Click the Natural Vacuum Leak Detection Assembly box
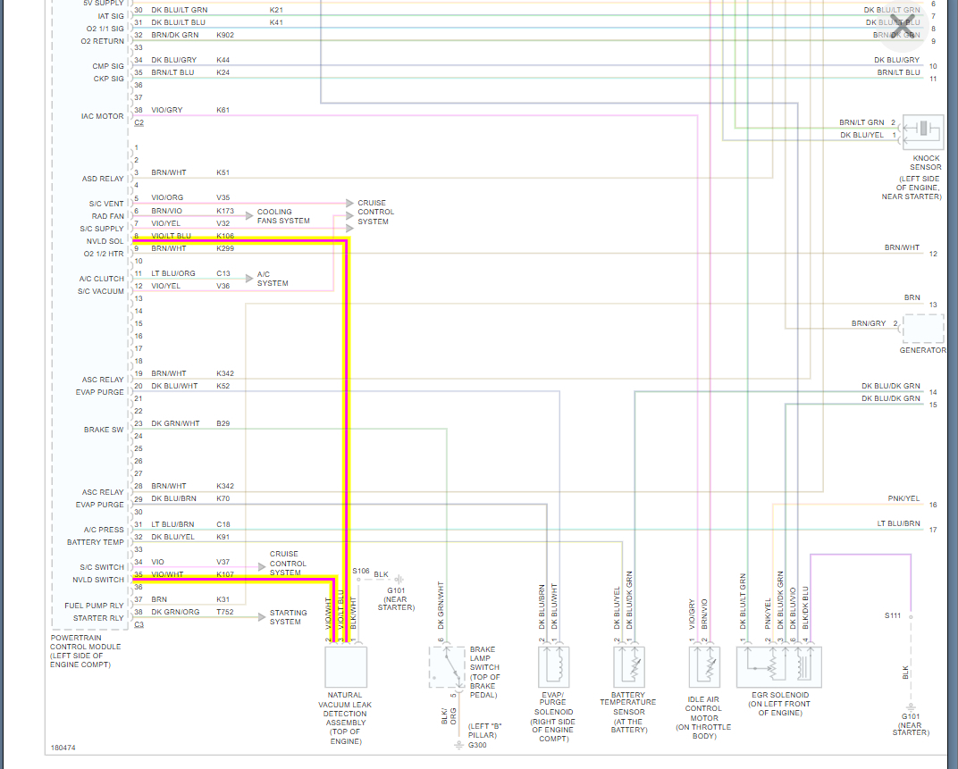345,666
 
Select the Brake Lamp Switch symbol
445,668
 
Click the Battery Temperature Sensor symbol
627,667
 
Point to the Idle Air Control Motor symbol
703,667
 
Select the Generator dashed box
923,330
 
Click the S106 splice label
361,571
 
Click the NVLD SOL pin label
105,241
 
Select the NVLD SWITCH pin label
99,580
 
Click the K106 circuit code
225,236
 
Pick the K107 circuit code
225,574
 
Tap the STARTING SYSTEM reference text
289,617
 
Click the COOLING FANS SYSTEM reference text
283,216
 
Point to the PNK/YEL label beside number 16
903,498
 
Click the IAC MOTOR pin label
104,116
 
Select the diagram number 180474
63,747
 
